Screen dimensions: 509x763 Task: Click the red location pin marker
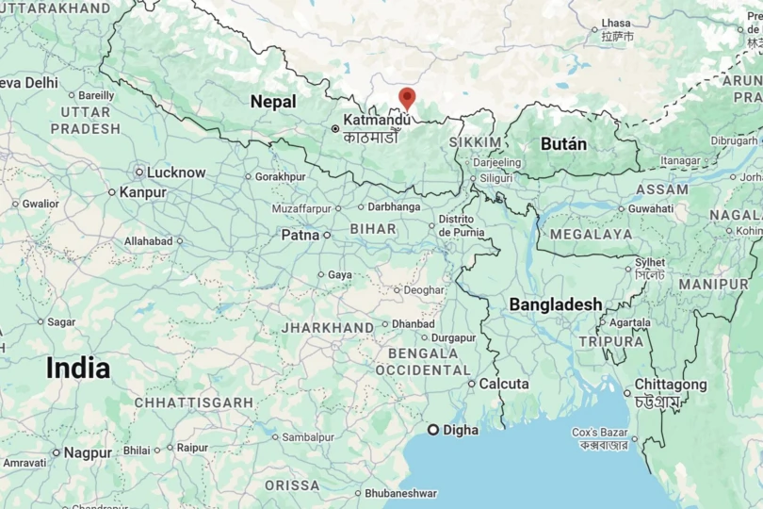click(407, 97)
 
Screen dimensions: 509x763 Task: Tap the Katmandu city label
click(376, 120)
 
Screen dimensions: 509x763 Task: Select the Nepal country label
click(273, 102)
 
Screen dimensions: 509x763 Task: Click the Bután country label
click(563, 144)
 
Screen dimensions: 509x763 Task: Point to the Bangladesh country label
click(556, 304)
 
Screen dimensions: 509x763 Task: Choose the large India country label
click(78, 369)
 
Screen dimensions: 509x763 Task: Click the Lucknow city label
click(176, 172)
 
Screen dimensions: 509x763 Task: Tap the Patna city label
click(300, 235)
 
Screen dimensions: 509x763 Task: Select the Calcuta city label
click(504, 385)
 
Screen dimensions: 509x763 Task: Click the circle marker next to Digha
click(433, 430)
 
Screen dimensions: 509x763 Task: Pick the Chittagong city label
click(670, 385)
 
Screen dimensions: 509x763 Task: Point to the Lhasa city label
click(615, 23)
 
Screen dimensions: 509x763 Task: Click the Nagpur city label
click(88, 452)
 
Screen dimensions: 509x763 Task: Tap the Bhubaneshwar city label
click(400, 493)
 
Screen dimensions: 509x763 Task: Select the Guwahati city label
click(651, 208)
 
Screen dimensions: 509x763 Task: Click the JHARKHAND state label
click(328, 327)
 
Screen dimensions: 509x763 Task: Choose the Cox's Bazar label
click(600, 433)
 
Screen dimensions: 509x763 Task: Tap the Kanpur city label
click(143, 192)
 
